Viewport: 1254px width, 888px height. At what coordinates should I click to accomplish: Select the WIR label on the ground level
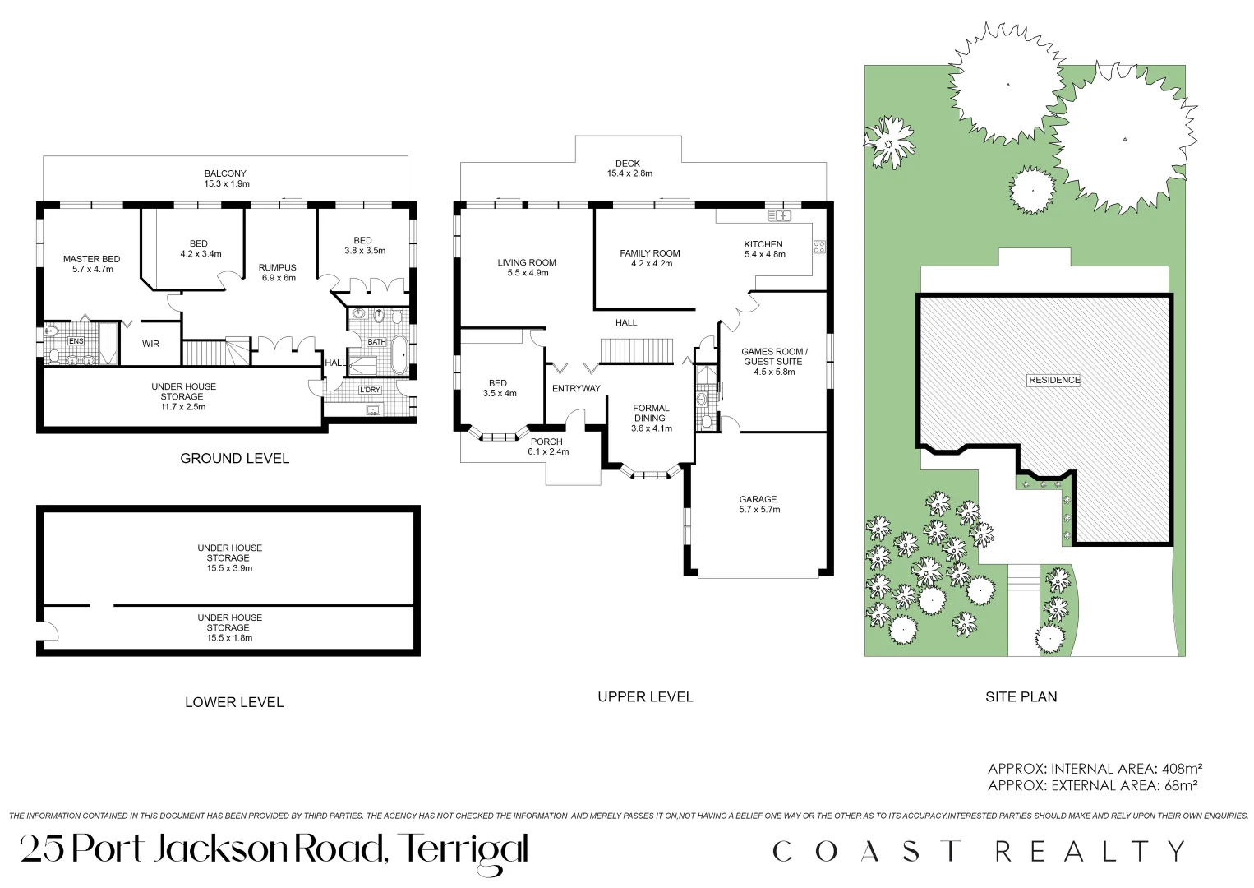click(x=150, y=344)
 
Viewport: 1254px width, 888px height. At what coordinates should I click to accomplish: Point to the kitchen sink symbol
click(x=778, y=216)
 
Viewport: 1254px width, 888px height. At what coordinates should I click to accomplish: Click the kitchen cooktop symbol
click(x=818, y=246)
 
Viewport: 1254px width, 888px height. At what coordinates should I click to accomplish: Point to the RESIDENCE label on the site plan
click(x=1054, y=380)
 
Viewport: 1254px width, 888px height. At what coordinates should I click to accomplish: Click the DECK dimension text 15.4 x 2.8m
click(x=629, y=173)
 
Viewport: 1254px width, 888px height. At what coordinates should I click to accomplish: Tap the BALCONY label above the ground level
click(x=225, y=173)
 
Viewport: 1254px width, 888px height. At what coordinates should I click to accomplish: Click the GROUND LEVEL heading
click(x=234, y=458)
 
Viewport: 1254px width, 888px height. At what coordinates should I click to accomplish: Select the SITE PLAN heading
click(x=1021, y=696)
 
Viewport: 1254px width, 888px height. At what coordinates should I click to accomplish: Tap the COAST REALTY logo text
click(x=979, y=851)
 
